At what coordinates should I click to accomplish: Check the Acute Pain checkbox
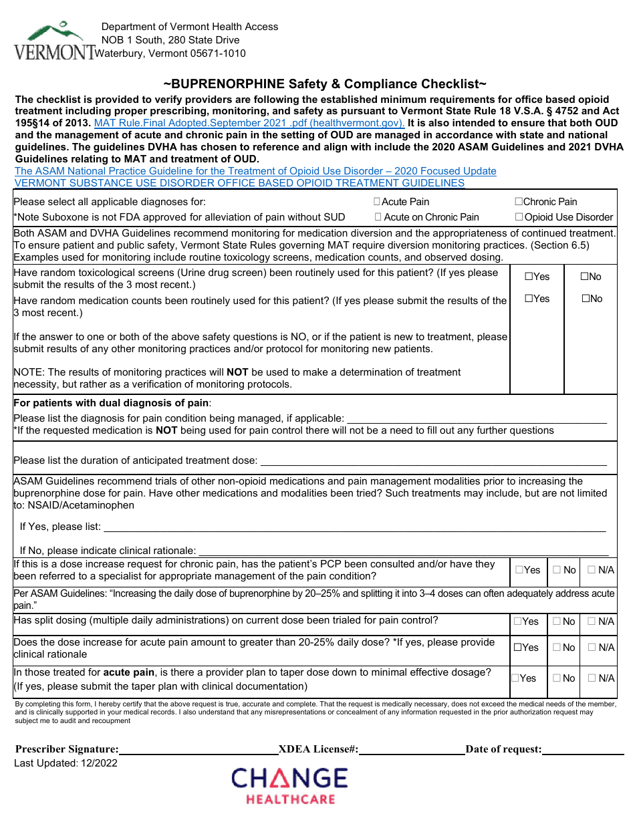(x=377, y=202)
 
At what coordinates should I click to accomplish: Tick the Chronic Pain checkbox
(x=519, y=202)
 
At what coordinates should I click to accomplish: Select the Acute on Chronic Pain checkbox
(x=378, y=217)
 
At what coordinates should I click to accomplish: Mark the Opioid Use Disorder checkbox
(x=519, y=217)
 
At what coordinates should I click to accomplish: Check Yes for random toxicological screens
(x=528, y=277)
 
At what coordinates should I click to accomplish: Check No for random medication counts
(x=585, y=299)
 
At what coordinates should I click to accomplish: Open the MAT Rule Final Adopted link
(x=249, y=123)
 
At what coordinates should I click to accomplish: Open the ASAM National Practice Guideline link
(x=255, y=171)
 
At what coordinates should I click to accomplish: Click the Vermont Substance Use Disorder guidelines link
(x=239, y=183)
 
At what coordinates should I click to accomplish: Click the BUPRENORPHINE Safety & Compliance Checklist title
(x=325, y=84)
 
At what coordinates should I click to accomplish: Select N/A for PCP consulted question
(x=592, y=570)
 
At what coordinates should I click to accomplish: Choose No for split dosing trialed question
(x=557, y=622)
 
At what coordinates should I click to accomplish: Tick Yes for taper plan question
(x=515, y=678)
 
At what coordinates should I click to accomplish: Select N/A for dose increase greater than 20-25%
(x=592, y=648)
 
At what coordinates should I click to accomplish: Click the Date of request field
(x=580, y=749)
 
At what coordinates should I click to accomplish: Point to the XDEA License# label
(x=318, y=749)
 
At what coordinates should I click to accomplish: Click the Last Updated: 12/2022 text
(x=66, y=763)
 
